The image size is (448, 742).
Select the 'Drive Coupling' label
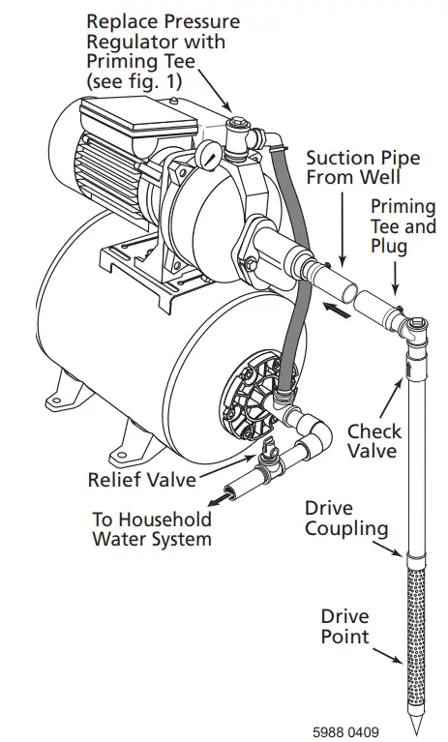coord(346,519)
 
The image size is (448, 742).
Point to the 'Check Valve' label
coord(374,441)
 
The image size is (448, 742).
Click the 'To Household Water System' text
coord(151,528)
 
